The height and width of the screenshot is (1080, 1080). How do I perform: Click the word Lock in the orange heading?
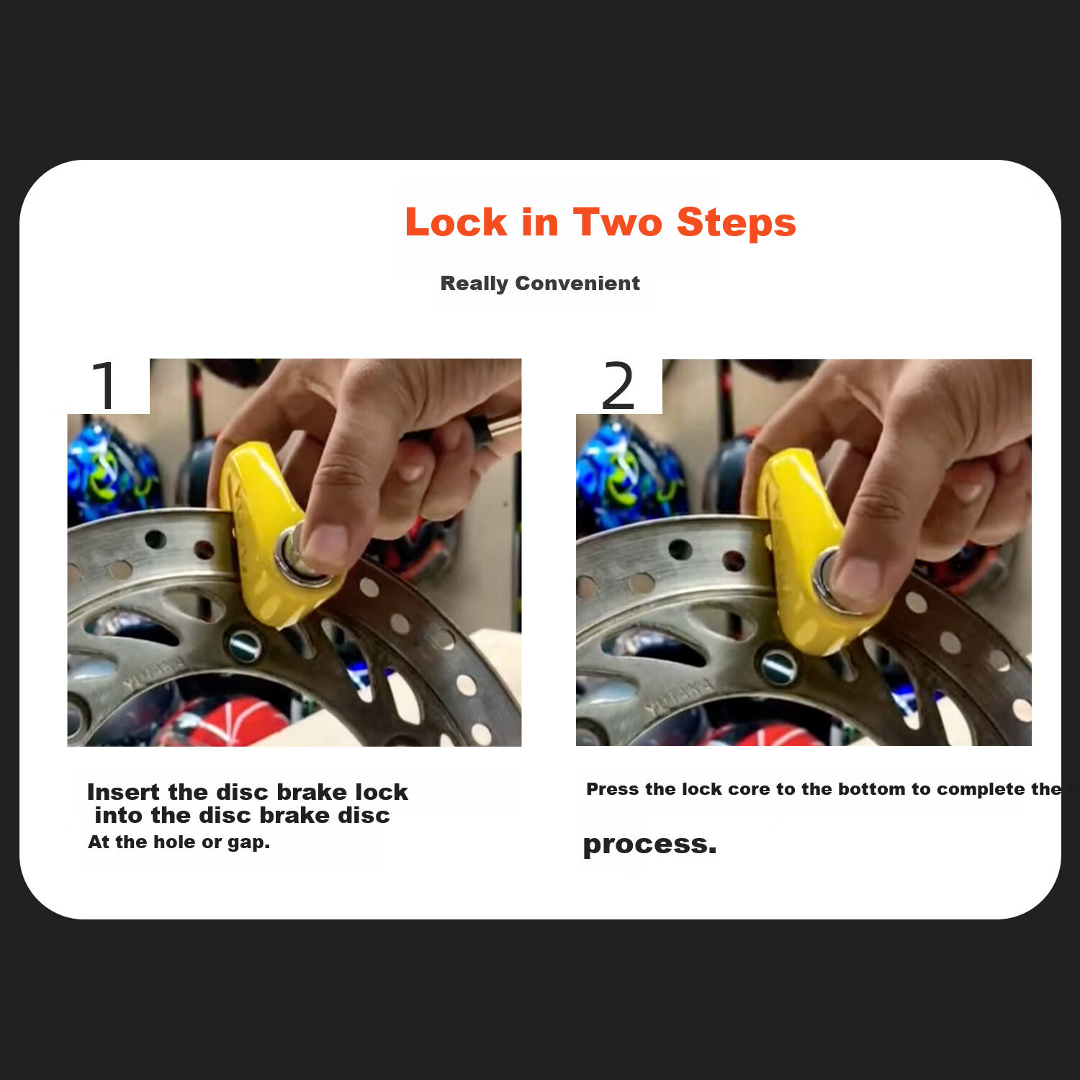point(456,222)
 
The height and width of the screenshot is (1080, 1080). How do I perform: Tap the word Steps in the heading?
point(737,223)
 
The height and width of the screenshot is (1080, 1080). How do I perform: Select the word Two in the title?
point(617,222)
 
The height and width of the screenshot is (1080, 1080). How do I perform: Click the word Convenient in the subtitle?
point(577,283)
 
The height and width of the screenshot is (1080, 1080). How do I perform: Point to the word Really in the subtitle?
point(474,284)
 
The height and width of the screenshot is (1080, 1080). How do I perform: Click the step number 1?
point(105,386)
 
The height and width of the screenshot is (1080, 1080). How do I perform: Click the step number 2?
point(618,386)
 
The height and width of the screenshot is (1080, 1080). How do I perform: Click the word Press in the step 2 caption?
point(613,789)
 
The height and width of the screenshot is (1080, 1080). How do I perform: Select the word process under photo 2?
point(649,845)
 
